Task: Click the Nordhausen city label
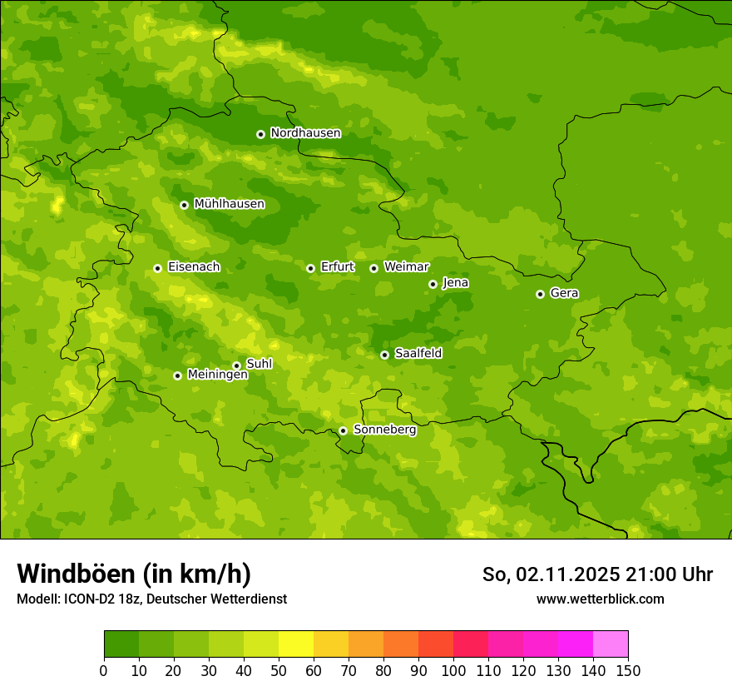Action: click(x=305, y=133)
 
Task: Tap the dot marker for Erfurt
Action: click(x=310, y=268)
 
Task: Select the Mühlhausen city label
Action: click(x=229, y=204)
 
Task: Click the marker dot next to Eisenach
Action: click(x=157, y=268)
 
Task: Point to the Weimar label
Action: click(x=406, y=267)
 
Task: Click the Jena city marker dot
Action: click(x=433, y=284)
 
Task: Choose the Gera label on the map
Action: click(x=564, y=293)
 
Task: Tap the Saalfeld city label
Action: click(x=418, y=354)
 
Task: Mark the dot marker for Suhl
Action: click(x=236, y=365)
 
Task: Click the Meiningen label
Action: click(x=217, y=375)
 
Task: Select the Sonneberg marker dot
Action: click(x=343, y=430)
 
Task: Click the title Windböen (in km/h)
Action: click(x=134, y=574)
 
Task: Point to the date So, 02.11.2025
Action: click(x=551, y=574)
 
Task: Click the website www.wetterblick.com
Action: click(x=600, y=599)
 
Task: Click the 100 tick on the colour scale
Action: click(x=453, y=670)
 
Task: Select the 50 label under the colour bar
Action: click(x=279, y=670)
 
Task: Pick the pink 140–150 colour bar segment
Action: click(x=611, y=644)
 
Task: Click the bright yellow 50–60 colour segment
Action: click(x=296, y=644)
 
